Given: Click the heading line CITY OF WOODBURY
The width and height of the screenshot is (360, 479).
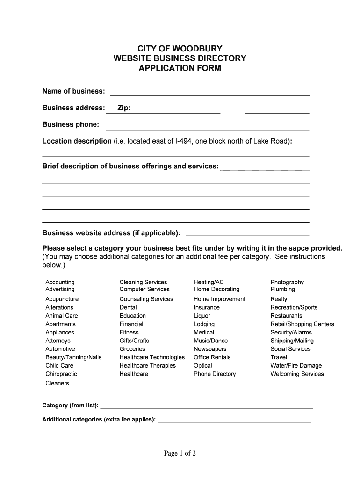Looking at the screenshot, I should coord(180,49).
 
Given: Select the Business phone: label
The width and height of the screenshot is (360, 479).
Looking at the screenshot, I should coord(71,124).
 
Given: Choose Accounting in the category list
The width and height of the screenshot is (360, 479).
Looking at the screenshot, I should coord(60,282).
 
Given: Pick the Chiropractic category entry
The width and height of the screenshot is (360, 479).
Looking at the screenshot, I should coord(61,374).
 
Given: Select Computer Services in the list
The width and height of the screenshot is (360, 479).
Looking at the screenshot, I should coord(144,289).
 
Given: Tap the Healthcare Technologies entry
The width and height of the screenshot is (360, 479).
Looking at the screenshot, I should coord(152,357).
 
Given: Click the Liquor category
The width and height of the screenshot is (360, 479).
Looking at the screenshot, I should coord(202,316).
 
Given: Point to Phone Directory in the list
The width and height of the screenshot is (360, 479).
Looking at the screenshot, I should coord(215,374).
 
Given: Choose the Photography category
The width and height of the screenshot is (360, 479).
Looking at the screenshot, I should coord(287,282).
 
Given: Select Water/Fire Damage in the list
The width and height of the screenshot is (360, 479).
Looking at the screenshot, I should coord(296,366).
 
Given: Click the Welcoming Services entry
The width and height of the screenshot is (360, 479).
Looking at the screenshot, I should coord(297,374).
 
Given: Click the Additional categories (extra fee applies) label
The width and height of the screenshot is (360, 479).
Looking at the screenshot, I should coord(99,420).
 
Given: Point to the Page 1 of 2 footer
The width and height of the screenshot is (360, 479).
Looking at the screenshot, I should coord(180,453).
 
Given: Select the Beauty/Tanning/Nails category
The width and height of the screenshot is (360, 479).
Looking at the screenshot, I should coord(73,357).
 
